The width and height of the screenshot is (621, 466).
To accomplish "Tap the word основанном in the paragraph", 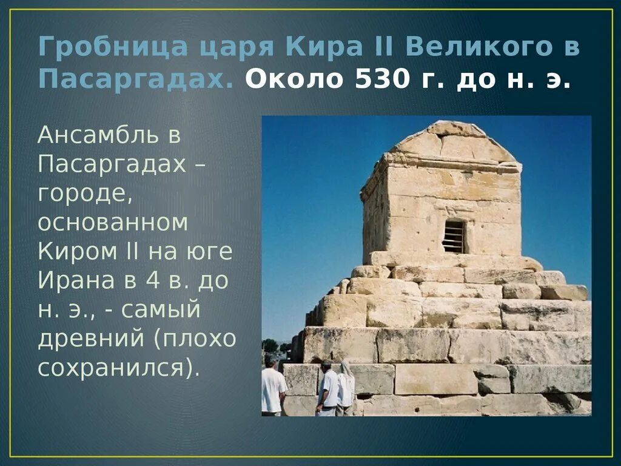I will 113,223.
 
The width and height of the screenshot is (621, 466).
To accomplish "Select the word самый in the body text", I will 161,310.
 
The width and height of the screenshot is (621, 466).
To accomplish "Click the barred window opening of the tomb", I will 454,237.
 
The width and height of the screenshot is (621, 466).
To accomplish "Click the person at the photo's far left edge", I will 272,388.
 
